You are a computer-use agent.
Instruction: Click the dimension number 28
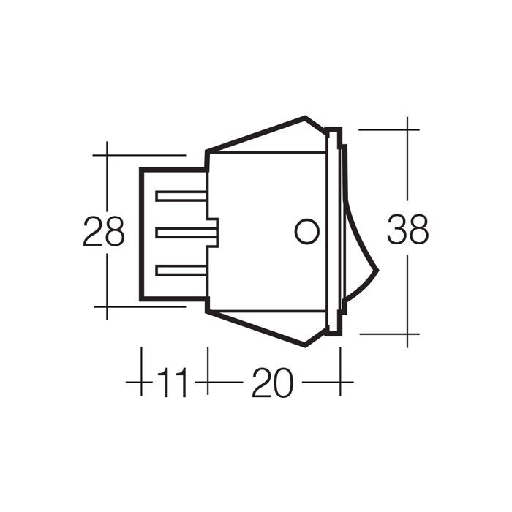click(x=104, y=231)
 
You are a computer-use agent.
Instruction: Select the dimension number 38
click(x=408, y=228)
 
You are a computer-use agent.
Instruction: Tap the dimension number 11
click(x=173, y=382)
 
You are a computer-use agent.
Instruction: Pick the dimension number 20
click(x=273, y=382)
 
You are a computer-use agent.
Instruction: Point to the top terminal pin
click(x=181, y=196)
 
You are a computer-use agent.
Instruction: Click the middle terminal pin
click(x=187, y=233)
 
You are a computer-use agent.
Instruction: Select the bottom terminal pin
click(x=181, y=271)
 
